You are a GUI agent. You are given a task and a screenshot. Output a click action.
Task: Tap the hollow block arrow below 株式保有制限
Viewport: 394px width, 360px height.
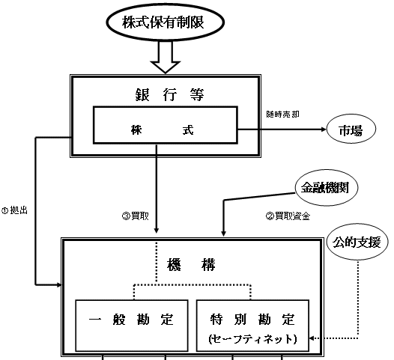pyautogui.click(x=165, y=57)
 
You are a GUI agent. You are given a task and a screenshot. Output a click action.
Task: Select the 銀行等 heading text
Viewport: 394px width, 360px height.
pyautogui.click(x=169, y=94)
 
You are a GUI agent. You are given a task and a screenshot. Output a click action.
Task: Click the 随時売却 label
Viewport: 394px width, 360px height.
pyautogui.click(x=282, y=115)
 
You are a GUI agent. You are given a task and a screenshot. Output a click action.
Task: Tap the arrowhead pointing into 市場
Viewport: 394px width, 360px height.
pyautogui.click(x=324, y=129)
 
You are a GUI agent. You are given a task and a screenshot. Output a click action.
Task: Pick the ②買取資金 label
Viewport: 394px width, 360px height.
pyautogui.click(x=288, y=216)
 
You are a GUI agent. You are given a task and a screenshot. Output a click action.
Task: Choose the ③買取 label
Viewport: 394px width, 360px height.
pyautogui.click(x=135, y=216)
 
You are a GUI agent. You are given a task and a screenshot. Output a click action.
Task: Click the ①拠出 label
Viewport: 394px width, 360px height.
pyautogui.click(x=14, y=210)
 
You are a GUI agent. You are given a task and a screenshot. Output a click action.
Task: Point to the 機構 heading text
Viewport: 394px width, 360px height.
pyautogui.click(x=191, y=265)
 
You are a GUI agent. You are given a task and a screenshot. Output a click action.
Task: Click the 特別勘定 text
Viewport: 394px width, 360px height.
pyautogui.click(x=252, y=320)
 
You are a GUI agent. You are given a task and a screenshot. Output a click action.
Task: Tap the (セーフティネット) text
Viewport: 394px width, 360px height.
pyautogui.click(x=252, y=339)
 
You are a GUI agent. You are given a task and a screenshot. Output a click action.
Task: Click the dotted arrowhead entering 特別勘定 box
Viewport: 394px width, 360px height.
pyautogui.click(x=312, y=338)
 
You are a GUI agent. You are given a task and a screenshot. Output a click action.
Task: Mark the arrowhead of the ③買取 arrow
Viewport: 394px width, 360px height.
pyautogui.click(x=157, y=231)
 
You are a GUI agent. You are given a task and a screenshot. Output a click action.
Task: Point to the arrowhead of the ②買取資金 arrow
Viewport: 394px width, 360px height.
pyautogui.click(x=223, y=234)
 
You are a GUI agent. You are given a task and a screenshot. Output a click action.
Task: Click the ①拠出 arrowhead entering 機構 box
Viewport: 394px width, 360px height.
pyautogui.click(x=58, y=284)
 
